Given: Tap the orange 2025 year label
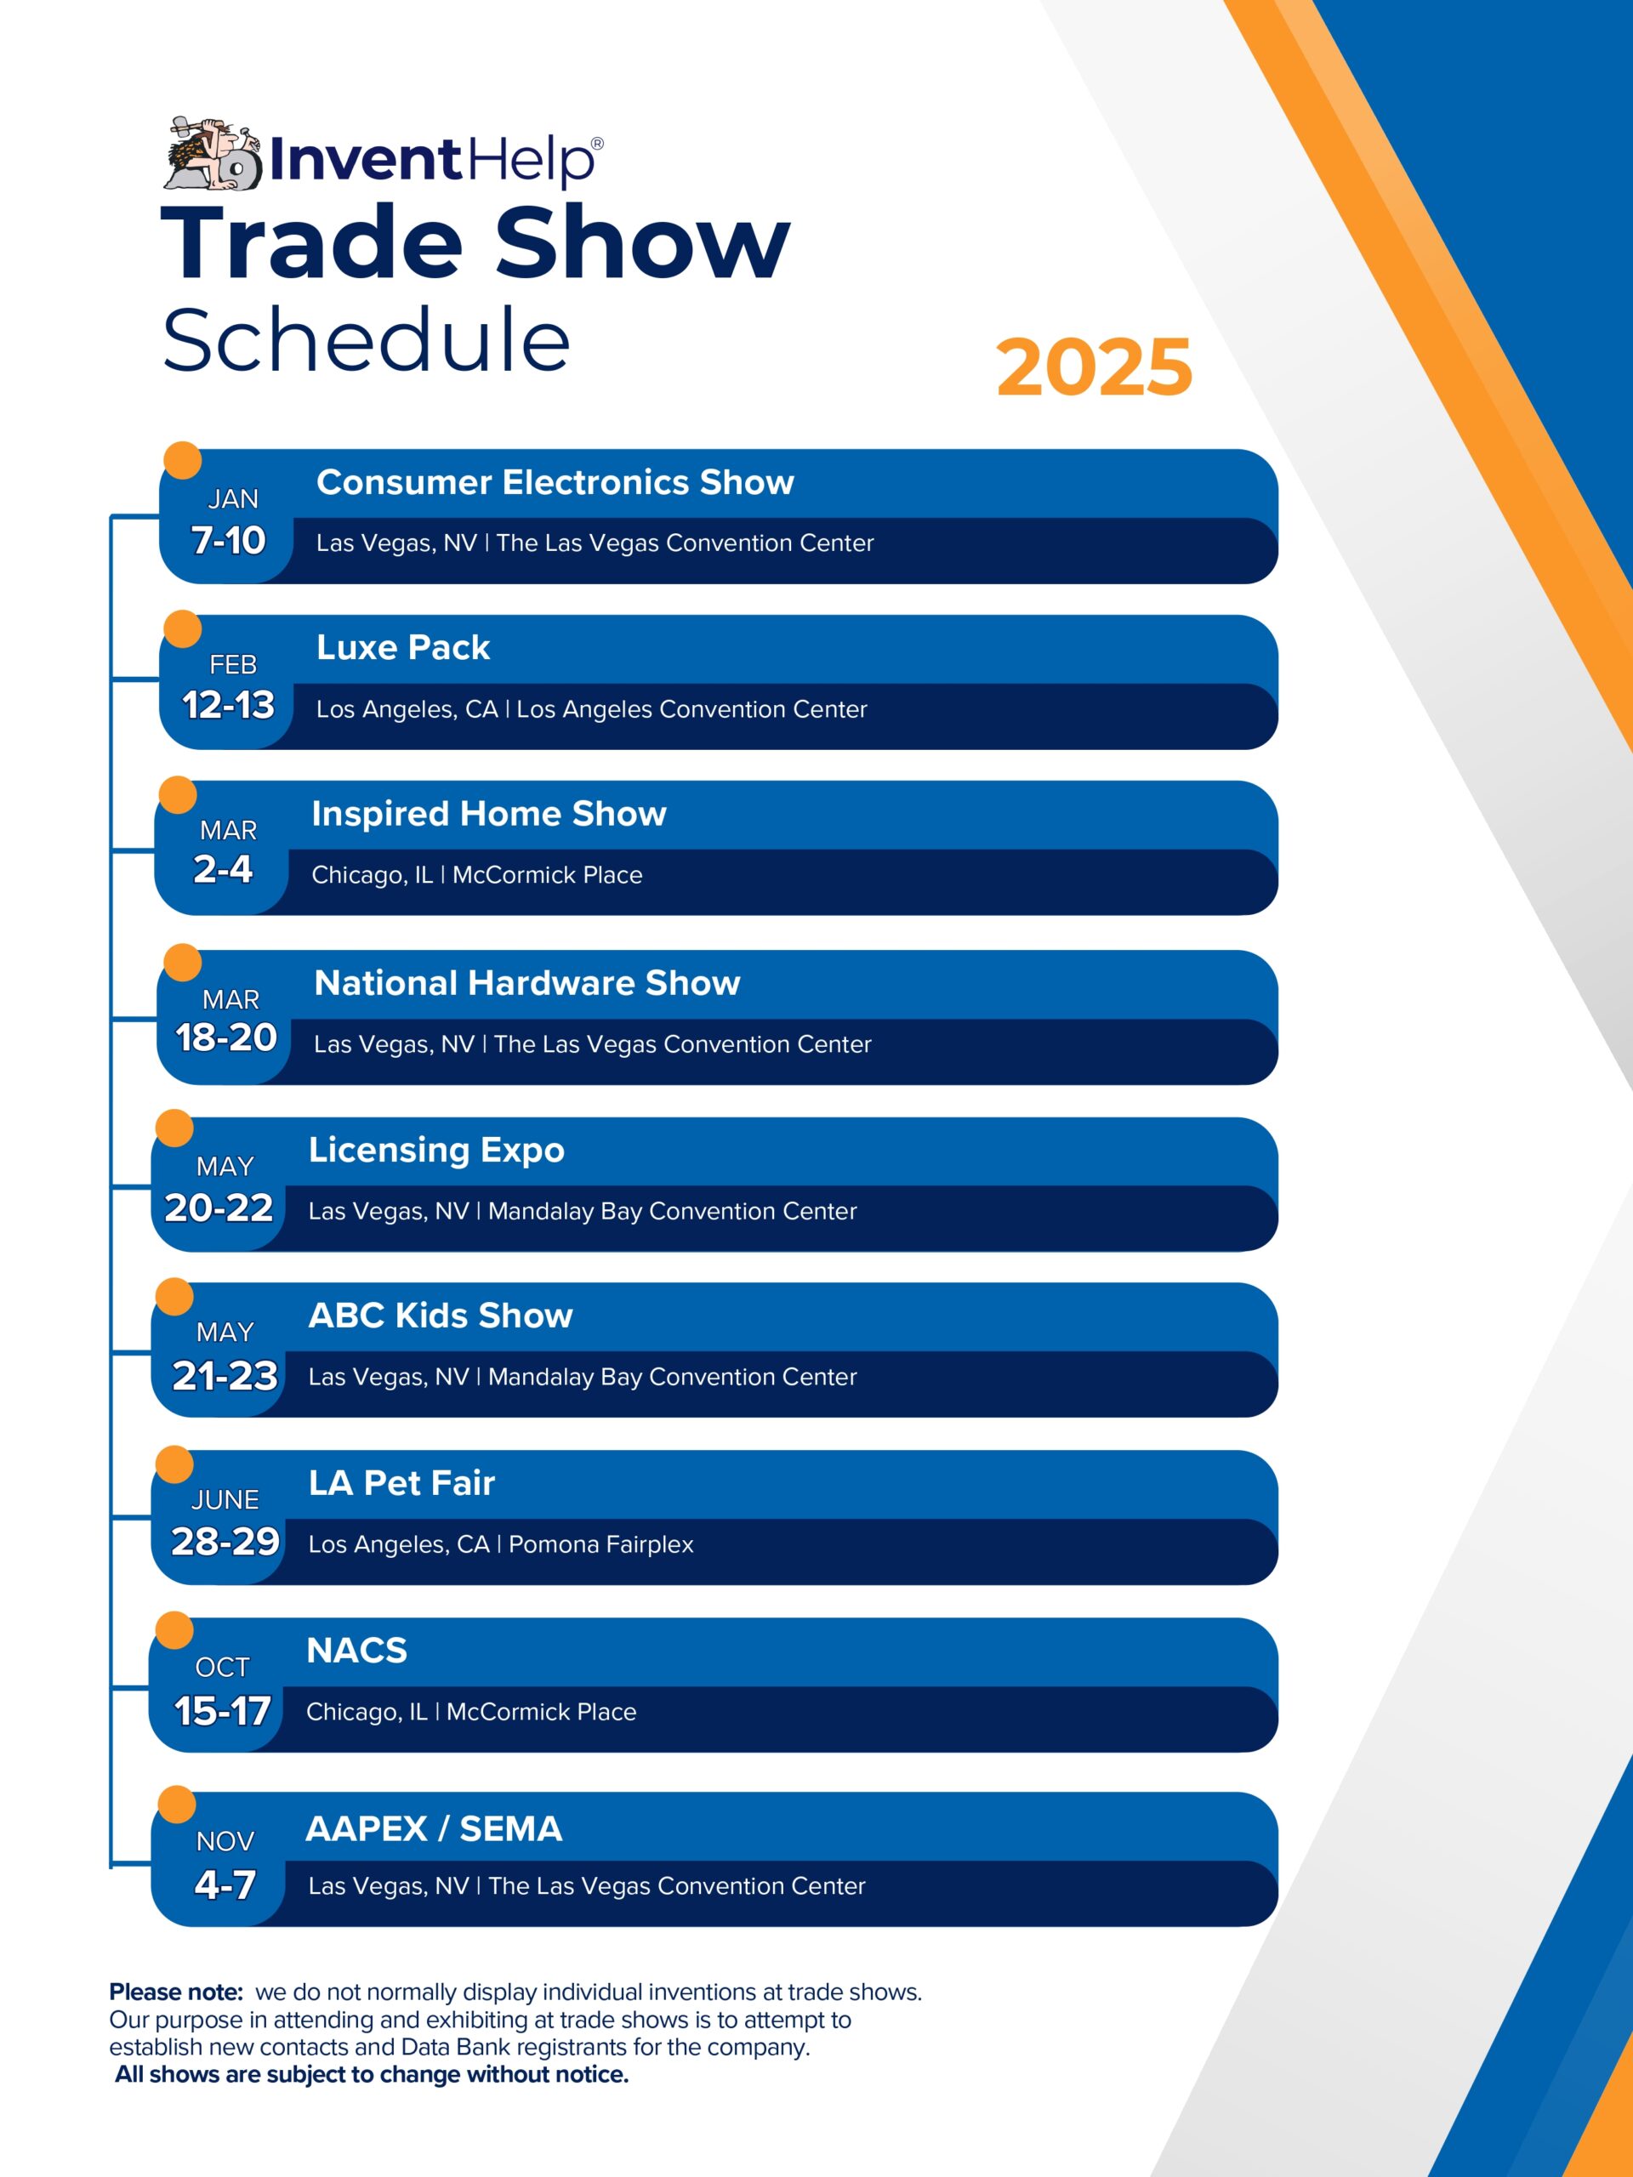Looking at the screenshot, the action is [x=1094, y=367].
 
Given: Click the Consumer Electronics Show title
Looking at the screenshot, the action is [x=555, y=482].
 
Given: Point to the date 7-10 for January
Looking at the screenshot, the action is [x=227, y=540].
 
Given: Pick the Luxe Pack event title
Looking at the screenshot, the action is [x=402, y=648].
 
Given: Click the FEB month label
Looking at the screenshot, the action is [x=232, y=665].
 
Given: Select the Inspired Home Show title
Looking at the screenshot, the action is [x=489, y=814].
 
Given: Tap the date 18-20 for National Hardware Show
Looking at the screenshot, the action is [x=225, y=1037].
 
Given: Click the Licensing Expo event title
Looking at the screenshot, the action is [x=437, y=1151].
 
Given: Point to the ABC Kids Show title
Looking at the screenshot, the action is [x=441, y=1316].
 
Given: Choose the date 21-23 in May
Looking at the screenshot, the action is [x=225, y=1376].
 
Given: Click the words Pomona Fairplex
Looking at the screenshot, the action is [x=600, y=1544].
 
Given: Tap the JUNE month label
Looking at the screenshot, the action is [x=225, y=1500].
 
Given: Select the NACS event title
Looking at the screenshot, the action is [x=356, y=1651].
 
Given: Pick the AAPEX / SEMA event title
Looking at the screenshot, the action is [x=434, y=1828].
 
